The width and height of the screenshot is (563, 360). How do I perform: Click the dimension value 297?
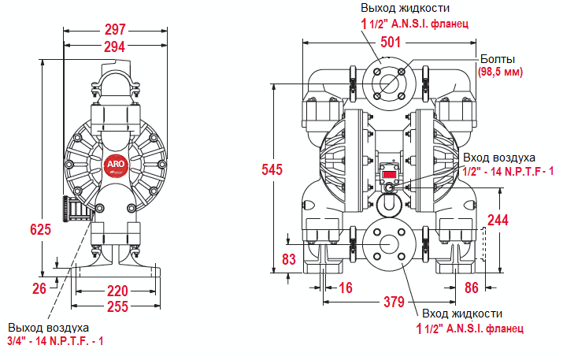115,30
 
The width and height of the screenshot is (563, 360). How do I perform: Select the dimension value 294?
115,46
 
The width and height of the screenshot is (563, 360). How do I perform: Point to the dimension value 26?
39,288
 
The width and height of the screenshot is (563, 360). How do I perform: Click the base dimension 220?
117,290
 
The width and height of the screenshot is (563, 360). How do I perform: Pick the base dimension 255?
117,306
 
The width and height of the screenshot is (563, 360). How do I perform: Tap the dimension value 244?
497,219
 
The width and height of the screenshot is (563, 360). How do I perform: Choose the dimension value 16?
345,288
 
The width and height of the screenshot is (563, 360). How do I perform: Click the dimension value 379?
393,301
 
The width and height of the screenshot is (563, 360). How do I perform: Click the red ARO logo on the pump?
114,162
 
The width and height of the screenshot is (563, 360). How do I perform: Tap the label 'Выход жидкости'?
404,8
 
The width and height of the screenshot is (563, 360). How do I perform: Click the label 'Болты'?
498,59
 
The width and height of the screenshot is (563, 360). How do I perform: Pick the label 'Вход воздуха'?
499,158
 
